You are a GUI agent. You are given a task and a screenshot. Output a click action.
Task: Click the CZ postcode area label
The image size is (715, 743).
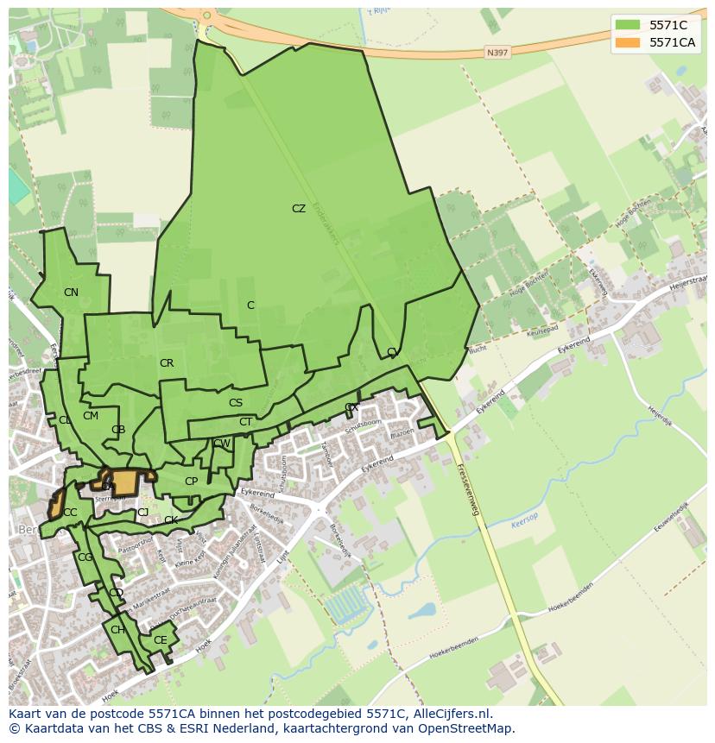(298, 209)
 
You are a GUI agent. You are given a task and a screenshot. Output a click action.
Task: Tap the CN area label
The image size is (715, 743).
(71, 293)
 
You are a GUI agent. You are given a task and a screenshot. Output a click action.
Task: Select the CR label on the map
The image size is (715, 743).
(167, 363)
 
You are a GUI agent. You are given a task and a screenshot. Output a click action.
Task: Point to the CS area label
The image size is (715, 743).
(236, 403)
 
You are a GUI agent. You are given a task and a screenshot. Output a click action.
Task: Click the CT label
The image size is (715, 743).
(245, 422)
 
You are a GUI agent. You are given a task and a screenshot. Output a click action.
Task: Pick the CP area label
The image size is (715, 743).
(191, 482)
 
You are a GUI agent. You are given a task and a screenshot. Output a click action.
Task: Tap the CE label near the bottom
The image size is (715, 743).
(160, 640)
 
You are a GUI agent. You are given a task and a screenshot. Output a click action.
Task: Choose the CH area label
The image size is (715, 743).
(117, 630)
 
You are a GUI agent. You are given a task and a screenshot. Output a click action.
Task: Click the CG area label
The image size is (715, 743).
(85, 557)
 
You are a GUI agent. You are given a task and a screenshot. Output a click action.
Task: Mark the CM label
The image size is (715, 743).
(91, 416)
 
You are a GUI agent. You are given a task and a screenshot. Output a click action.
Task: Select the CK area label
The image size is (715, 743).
(171, 520)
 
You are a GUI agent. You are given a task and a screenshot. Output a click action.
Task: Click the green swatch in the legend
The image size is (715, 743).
(628, 25)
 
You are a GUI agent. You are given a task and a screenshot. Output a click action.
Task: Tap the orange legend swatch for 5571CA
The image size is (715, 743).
(628, 42)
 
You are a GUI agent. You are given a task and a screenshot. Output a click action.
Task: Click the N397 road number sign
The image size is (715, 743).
(497, 53)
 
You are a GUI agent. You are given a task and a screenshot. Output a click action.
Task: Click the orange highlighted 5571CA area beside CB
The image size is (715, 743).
(125, 482)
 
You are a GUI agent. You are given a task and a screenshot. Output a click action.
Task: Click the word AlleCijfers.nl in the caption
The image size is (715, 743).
(451, 714)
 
